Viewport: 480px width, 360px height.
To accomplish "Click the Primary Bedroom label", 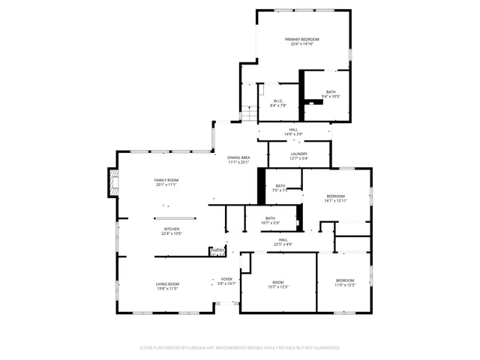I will pyautogui.click(x=301, y=41).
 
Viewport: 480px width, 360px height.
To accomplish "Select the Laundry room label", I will pyautogui.click(x=288, y=156).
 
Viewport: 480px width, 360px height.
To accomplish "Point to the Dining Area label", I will pyautogui.click(x=238, y=159).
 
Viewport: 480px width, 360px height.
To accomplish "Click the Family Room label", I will pyautogui.click(x=166, y=182).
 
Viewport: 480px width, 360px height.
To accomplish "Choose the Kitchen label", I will pyautogui.click(x=172, y=231).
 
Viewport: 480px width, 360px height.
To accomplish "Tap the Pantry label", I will pyautogui.click(x=217, y=251).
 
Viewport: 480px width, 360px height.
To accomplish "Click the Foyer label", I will pyautogui.click(x=226, y=281).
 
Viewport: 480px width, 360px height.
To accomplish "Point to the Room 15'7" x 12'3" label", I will pyautogui.click(x=278, y=284).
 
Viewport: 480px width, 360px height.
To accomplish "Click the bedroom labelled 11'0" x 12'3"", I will pyautogui.click(x=345, y=282).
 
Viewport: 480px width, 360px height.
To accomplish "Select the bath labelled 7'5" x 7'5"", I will pyautogui.click(x=280, y=188).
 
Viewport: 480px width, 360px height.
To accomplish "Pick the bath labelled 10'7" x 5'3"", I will pyautogui.click(x=270, y=220).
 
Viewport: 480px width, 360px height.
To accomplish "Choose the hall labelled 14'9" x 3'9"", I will pyautogui.click(x=293, y=131).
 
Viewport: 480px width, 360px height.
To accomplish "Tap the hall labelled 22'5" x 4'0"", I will pyautogui.click(x=283, y=241).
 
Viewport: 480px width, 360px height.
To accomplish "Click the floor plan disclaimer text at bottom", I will pyautogui.click(x=240, y=348).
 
